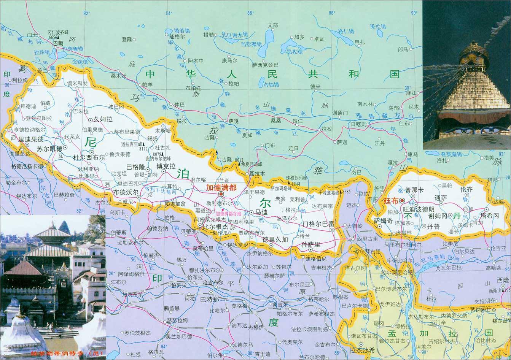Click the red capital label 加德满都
click(x=221, y=187)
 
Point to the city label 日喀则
click(x=358, y=124)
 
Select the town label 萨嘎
click(x=233, y=121)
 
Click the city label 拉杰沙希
click(x=362, y=350)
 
